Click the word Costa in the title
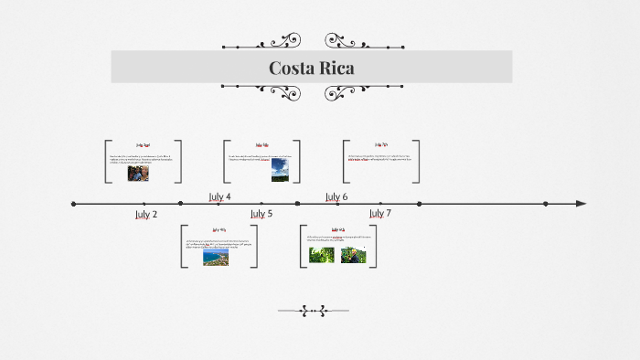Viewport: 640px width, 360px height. coord(290,69)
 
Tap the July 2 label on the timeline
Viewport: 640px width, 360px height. coord(146,214)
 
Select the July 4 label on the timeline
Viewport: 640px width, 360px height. coord(220,196)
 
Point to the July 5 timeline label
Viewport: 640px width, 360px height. coord(261,214)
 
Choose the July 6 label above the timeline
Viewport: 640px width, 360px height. coord(336,196)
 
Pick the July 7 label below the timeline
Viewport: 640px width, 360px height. coord(380,213)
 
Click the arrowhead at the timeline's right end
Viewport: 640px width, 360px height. coord(581,204)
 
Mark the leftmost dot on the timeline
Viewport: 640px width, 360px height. coord(74,204)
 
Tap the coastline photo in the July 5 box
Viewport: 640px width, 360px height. coord(216,258)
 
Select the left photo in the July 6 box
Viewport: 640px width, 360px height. coord(321,255)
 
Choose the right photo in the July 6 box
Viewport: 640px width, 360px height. coord(353,255)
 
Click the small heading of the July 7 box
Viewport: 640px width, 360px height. coord(381,144)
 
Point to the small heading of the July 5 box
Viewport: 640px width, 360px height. coord(219,230)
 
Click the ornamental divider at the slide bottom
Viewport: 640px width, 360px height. coord(313,311)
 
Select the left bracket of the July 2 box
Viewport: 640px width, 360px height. coord(107,162)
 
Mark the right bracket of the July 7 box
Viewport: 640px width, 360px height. coord(417,162)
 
